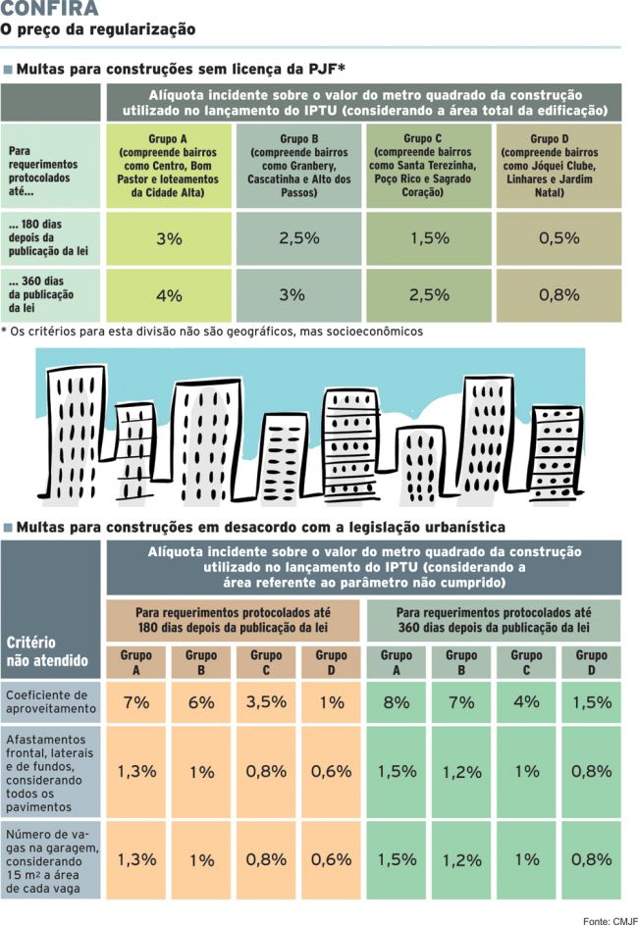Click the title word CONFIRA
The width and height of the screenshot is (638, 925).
pyautogui.click(x=50, y=8)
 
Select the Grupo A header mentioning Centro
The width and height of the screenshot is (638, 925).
pyautogui.click(x=168, y=165)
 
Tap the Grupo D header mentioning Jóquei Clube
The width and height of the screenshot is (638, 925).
pyautogui.click(x=558, y=165)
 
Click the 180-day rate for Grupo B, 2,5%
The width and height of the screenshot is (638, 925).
pyautogui.click(x=299, y=238)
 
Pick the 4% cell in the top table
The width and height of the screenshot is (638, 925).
pyautogui.click(x=169, y=295)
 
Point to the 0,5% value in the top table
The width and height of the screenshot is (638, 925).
pyautogui.click(x=558, y=238)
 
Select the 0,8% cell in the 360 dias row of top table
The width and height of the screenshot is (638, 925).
pyautogui.click(x=558, y=295)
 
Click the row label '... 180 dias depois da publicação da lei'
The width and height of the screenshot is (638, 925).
pyautogui.click(x=48, y=237)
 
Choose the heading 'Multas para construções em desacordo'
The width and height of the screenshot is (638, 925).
pyautogui.click(x=260, y=527)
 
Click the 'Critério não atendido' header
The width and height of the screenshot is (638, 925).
pyautogui.click(x=47, y=651)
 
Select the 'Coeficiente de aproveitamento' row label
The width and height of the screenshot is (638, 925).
pyautogui.click(x=51, y=702)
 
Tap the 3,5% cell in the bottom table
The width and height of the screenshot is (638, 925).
pyautogui.click(x=266, y=702)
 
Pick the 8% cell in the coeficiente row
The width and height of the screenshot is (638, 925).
pyautogui.click(x=396, y=702)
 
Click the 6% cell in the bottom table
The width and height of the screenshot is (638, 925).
pyautogui.click(x=201, y=702)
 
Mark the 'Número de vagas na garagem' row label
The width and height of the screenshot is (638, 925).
pyautogui.click(x=52, y=861)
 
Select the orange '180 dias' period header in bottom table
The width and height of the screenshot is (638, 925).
pyautogui.click(x=233, y=620)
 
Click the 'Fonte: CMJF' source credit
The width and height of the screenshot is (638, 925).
pyautogui.click(x=611, y=920)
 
